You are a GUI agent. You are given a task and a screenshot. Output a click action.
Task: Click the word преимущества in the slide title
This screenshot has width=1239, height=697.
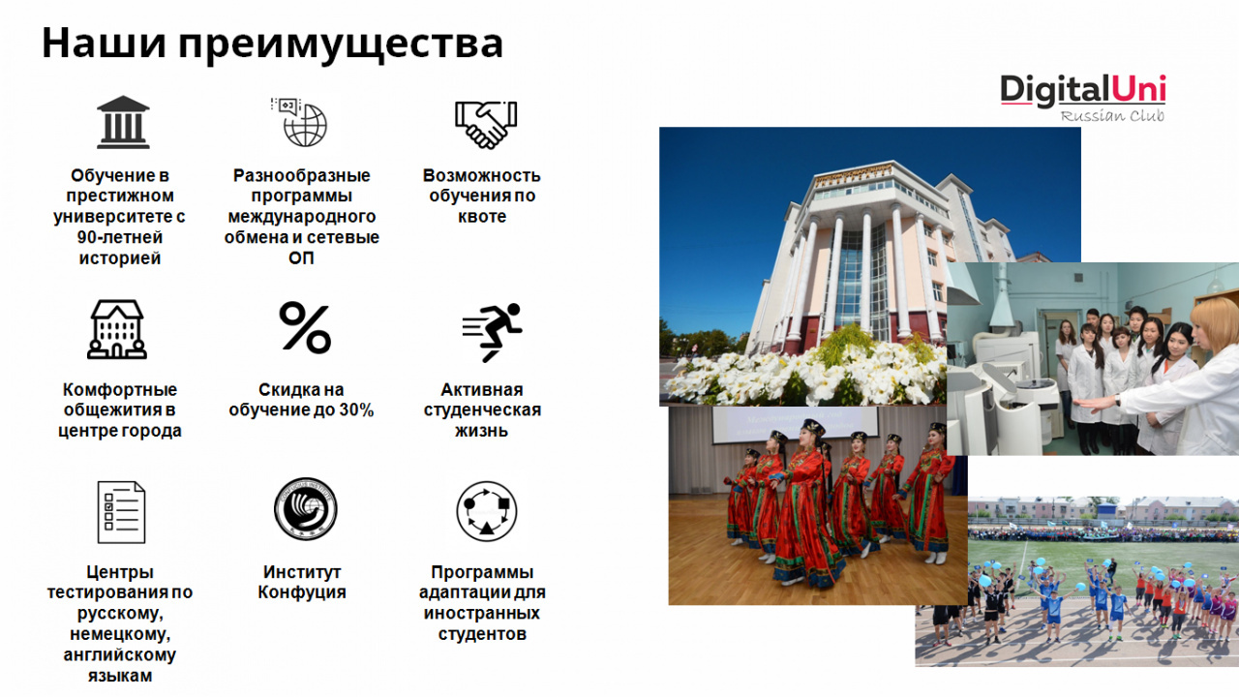pos(341,45)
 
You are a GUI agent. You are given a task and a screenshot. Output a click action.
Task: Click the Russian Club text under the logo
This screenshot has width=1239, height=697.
pos(1112,115)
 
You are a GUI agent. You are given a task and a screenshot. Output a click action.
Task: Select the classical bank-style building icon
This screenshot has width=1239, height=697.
pos(123,122)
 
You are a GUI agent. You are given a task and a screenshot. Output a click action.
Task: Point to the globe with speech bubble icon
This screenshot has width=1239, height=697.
pos(299,122)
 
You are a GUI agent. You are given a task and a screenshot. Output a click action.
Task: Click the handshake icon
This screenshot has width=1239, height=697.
pos(486,125)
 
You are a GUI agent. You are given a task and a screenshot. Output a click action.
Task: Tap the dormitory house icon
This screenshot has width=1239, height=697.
pos(117,330)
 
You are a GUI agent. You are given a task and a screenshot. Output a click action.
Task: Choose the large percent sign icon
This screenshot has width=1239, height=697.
pos(305,327)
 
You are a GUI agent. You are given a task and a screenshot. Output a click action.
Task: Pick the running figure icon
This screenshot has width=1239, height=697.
pos(492,332)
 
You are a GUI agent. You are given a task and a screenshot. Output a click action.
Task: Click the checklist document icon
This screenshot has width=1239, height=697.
pos(121,512)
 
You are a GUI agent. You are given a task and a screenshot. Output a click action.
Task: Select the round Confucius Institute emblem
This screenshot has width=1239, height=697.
pos(305,509)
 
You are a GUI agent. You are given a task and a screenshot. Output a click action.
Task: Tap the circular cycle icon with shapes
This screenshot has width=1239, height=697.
pos(486,511)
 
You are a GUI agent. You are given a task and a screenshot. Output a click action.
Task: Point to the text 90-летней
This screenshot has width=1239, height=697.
pos(119,237)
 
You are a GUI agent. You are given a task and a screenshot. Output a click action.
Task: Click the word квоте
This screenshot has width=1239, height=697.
pos(482,217)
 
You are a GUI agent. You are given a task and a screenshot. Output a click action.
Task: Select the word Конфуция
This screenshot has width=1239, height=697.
pos(301,593)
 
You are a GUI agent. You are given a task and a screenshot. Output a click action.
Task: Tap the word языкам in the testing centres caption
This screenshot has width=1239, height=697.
pos(119,676)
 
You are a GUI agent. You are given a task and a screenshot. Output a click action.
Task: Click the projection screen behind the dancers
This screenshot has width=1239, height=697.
pos(794,425)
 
